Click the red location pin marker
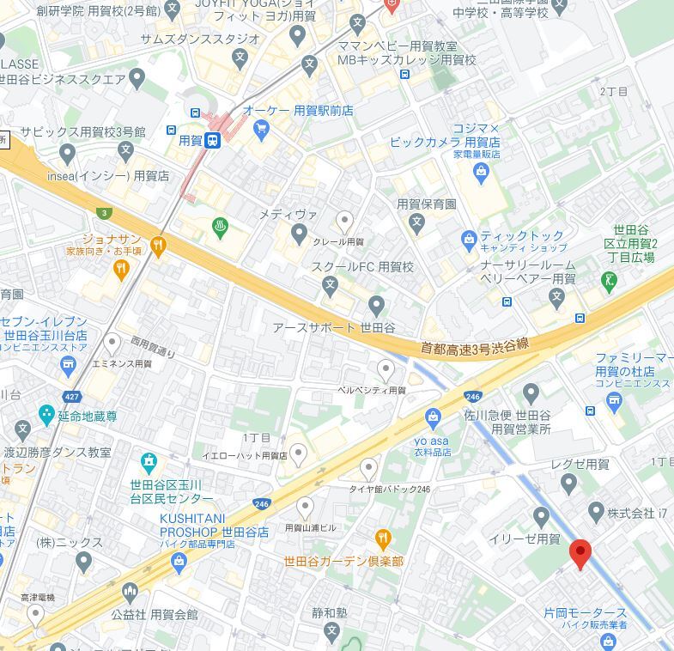tap(580, 554)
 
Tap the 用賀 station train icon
tap(212, 140)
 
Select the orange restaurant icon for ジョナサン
tap(157, 247)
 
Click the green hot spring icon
tap(221, 228)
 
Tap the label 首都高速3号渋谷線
tap(474, 345)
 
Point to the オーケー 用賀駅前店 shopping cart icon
tap(261, 130)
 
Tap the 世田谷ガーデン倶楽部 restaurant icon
tap(383, 539)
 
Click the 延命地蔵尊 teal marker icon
tap(22, 427)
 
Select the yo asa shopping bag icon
tap(433, 417)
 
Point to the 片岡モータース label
tap(585, 612)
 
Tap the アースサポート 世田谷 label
tap(334, 328)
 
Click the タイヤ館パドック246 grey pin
tap(368, 469)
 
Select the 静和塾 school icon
tap(331, 632)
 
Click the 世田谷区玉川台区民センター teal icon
tap(149, 463)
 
